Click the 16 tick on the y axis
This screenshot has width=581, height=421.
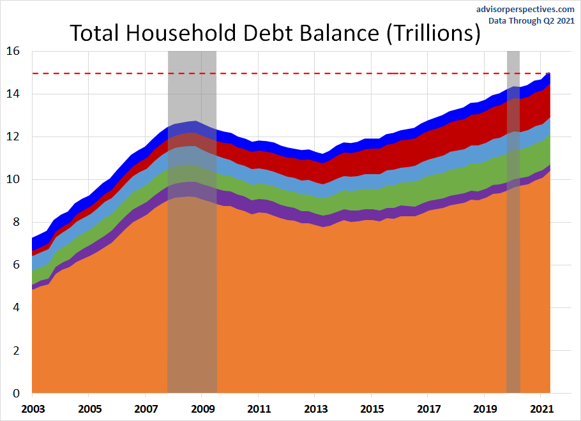pos(13,51)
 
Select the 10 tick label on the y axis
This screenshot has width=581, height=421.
pos(13,179)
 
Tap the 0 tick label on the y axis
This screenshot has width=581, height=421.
pos(17,393)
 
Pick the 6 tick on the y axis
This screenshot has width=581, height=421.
pos(17,265)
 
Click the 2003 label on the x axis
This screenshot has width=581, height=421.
pos(33,408)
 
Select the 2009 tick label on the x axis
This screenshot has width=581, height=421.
pos(202,408)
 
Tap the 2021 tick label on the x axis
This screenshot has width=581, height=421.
pos(541,408)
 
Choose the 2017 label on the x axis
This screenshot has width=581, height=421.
pos(428,408)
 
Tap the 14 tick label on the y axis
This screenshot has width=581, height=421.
pos(13,94)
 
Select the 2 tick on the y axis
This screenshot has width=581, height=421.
pos(17,350)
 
